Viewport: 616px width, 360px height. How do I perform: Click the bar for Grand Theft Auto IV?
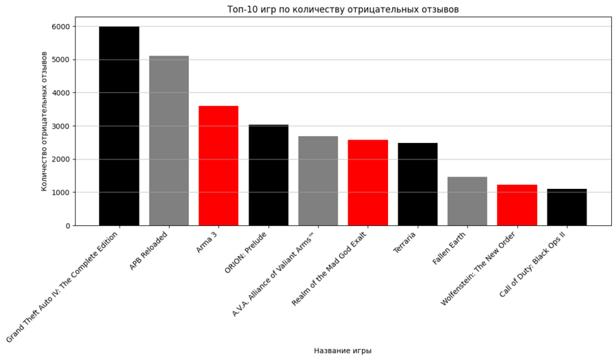click(119, 126)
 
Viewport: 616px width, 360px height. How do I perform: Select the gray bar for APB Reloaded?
click(169, 140)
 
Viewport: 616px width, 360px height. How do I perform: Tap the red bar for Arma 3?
click(218, 166)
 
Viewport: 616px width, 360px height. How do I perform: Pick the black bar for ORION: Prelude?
click(268, 175)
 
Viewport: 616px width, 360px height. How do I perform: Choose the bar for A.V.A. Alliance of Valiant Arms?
click(318, 181)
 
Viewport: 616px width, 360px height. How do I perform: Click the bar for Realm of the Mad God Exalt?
click(368, 183)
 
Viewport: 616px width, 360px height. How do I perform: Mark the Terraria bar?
click(418, 184)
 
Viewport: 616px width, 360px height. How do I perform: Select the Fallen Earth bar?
click(467, 201)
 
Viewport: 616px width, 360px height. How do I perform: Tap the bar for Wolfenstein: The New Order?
click(517, 205)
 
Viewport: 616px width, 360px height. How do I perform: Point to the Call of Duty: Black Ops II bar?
click(567, 207)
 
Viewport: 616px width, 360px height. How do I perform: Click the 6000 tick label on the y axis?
click(60, 27)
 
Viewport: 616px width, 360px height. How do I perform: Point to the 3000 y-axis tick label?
click(60, 127)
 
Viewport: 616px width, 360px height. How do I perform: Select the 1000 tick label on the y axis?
click(60, 193)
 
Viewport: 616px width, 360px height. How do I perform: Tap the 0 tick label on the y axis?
click(67, 226)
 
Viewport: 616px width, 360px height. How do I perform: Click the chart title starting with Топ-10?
click(343, 10)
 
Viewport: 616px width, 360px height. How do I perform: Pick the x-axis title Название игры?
click(343, 350)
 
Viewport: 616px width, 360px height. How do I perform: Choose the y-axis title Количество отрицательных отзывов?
click(44, 121)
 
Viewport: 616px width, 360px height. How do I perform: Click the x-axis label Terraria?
click(405, 242)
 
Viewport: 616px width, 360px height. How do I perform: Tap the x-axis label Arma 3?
click(207, 242)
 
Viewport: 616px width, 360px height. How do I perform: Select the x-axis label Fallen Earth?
click(450, 248)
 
